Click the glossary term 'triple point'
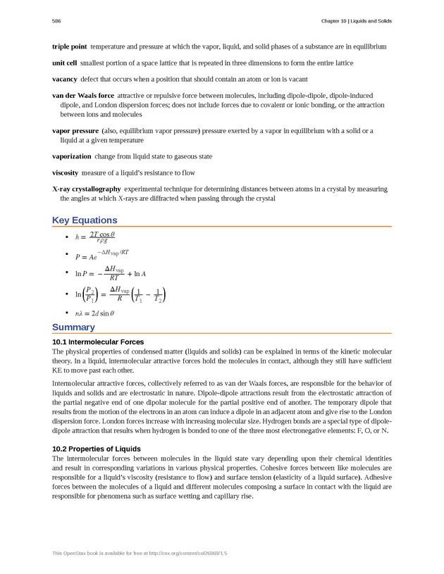click(x=69, y=46)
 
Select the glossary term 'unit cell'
click(x=65, y=63)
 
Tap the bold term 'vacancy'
click(x=65, y=80)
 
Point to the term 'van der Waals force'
click(x=83, y=95)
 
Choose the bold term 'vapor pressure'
click(x=75, y=131)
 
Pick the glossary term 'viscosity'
click(x=66, y=173)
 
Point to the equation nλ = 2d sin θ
click(x=94, y=313)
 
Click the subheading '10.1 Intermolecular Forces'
click(x=98, y=342)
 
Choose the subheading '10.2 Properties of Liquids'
click(x=97, y=449)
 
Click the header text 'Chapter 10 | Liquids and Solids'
click(x=356, y=21)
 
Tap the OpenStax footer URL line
click(x=140, y=554)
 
